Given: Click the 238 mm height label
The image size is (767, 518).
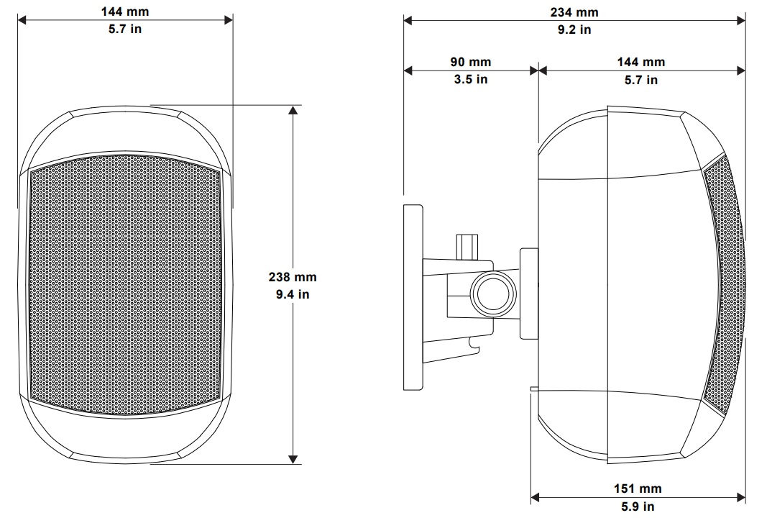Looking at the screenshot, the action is click(x=293, y=277).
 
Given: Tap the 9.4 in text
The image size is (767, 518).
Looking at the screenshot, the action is click(x=293, y=294).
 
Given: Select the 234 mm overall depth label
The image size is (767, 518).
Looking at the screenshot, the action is click(x=574, y=12).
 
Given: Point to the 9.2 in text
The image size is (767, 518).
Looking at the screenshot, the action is click(x=574, y=29).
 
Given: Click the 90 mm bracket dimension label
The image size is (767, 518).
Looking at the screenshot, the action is click(x=471, y=62).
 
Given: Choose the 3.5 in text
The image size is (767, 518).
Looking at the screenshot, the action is click(x=471, y=79).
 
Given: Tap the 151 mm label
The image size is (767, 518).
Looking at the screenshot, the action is click(x=638, y=489).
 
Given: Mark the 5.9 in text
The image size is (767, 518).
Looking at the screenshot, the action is click(x=638, y=506).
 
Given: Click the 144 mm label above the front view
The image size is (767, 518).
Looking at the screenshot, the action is click(x=125, y=12).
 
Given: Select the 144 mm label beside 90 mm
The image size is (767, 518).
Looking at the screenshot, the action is click(x=640, y=62).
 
